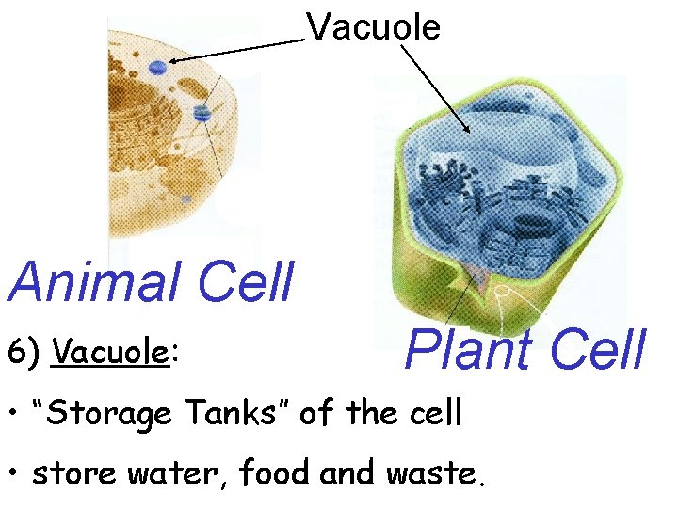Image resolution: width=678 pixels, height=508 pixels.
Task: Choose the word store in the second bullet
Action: [x=67, y=474]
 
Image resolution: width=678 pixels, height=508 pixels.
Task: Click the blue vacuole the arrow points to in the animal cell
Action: [x=157, y=66]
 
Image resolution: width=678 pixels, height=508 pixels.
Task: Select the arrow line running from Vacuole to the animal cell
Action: [x=240, y=51]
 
